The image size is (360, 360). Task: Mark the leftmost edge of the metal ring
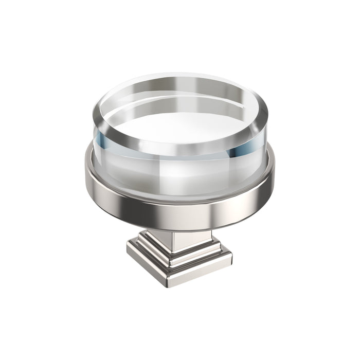(x=86, y=175)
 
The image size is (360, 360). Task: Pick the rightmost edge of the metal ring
(x=274, y=175)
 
